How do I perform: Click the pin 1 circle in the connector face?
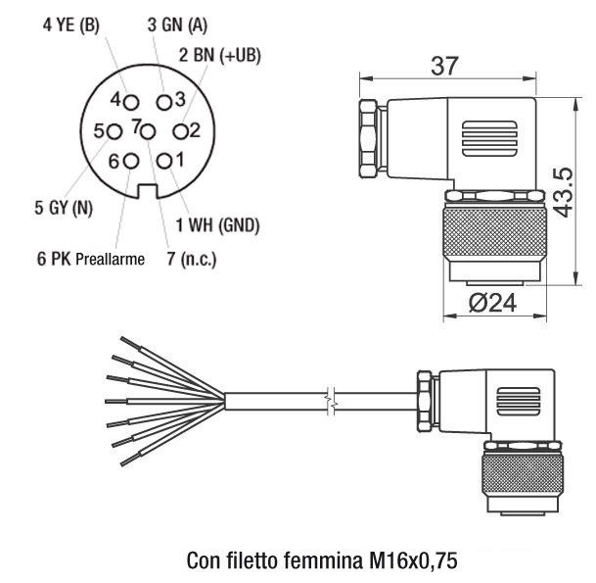point(165,161)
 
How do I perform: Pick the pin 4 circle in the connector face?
point(131,101)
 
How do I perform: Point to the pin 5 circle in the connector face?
point(115,130)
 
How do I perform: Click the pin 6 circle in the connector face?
point(131,161)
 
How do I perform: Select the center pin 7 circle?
point(147,130)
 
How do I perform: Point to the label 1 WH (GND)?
point(217,225)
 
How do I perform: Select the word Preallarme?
point(110,260)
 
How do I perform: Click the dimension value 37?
point(446,67)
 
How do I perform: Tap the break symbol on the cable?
point(336,399)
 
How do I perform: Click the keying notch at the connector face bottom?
point(148,192)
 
